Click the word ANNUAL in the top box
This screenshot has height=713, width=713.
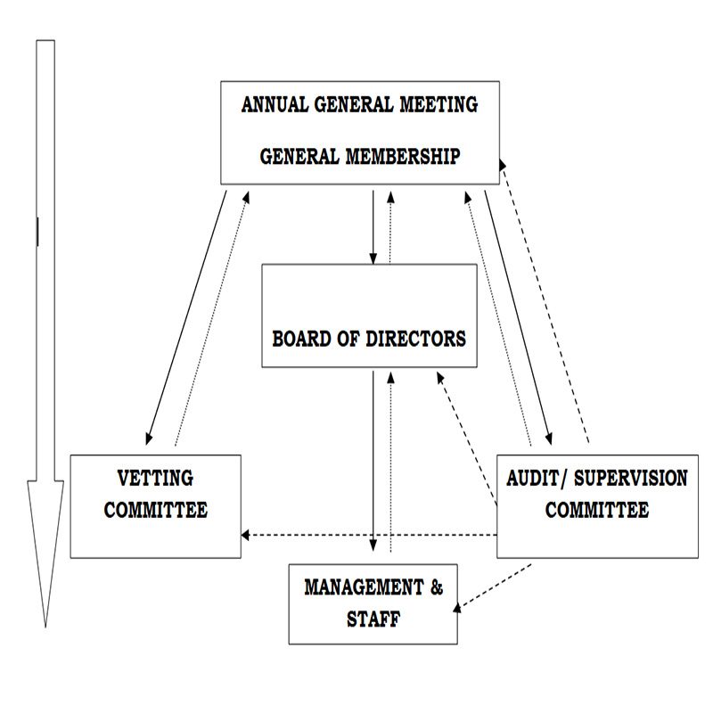pos(274,104)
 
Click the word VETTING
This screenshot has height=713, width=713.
pos(155,479)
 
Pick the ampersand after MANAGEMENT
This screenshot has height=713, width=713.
pos(436,587)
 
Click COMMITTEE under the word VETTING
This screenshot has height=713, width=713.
pos(155,511)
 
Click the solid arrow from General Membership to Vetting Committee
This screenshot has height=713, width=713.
pos(187,316)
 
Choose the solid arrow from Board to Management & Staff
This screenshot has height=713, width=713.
pos(372,463)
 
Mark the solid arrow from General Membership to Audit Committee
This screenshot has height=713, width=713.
pos(517,316)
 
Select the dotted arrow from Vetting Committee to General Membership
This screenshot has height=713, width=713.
pos(212,316)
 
